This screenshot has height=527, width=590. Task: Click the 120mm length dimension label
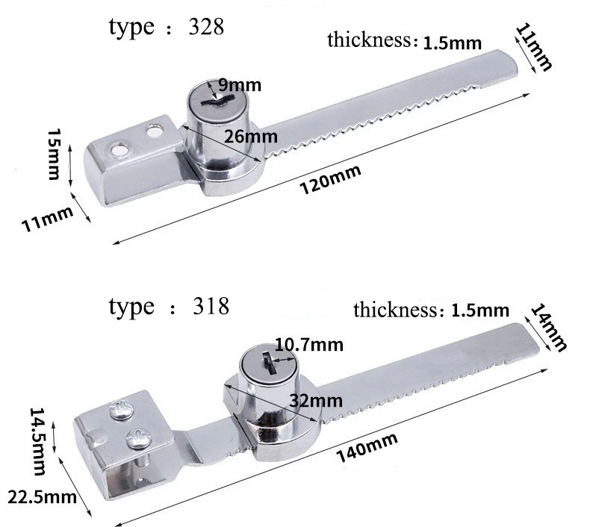tap(329, 180)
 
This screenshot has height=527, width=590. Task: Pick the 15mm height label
tap(53, 154)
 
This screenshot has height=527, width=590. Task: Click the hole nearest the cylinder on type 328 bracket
tap(155, 132)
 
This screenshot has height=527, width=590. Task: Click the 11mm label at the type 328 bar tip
tap(533, 47)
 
